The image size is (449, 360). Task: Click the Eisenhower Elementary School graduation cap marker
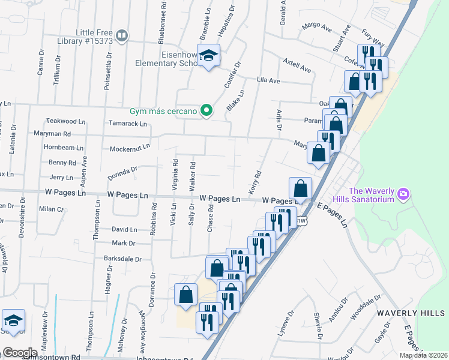pyautogui.click(x=209, y=56)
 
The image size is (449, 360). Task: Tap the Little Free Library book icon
pyautogui.click(x=122, y=36)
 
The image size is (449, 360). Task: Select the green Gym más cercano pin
pyautogui.click(x=206, y=110)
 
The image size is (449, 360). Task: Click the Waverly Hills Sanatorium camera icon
pyautogui.click(x=403, y=194)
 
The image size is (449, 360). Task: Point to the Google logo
pyautogui.click(x=20, y=353)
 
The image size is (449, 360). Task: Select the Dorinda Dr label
pyautogui.click(x=123, y=172)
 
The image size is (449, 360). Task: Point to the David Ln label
pyautogui.click(x=124, y=229)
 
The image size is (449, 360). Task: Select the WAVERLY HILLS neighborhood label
pyautogui.click(x=412, y=313)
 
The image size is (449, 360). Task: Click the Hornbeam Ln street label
pyautogui.click(x=63, y=147)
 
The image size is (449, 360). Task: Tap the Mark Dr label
pyautogui.click(x=124, y=243)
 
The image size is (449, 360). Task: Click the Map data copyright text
pyautogui.click(x=424, y=355)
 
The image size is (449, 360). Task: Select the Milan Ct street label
pyautogui.click(x=52, y=209)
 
